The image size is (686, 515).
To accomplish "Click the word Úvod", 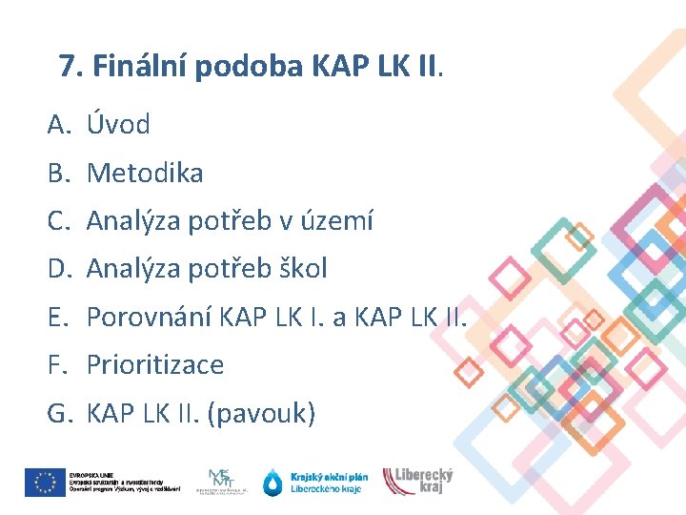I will coord(118,124).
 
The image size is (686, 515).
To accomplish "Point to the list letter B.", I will coord(58,173).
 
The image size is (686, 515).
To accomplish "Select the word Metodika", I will coord(145,173).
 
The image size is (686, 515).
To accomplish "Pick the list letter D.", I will coord(59,269).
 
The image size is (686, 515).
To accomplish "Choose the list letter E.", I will coord(57,317).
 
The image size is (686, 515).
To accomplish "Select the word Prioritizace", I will coord(155,364).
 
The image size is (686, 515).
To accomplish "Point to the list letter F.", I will coord(57,364).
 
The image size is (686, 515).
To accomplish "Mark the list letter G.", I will coord(59,413).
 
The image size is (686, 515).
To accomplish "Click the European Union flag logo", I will coord(45,483).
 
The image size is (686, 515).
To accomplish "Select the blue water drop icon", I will coord(273,483).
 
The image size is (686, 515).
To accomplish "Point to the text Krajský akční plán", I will coord(330,476).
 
